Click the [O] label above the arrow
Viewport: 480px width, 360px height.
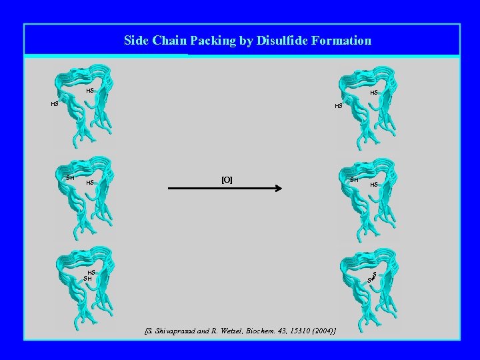(x=227, y=180)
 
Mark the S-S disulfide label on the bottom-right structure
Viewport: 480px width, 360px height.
(x=373, y=277)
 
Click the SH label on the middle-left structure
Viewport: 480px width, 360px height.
(x=70, y=177)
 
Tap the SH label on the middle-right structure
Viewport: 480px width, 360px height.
(x=355, y=180)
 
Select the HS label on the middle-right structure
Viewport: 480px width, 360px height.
(x=374, y=184)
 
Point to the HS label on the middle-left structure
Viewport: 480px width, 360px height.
(x=91, y=182)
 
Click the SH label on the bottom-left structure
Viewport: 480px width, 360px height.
(x=87, y=278)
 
